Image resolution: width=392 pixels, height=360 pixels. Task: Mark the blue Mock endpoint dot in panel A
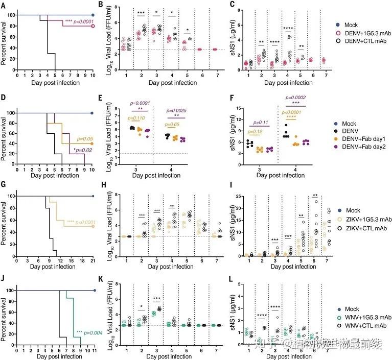[93, 15]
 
